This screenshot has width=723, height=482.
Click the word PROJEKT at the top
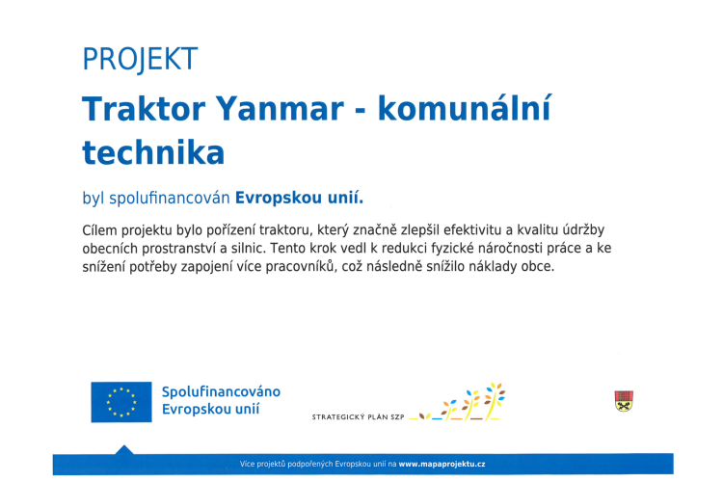(140, 60)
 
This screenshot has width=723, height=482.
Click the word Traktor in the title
(144, 109)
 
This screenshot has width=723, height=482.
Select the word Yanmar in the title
(280, 110)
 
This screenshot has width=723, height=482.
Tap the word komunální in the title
(465, 108)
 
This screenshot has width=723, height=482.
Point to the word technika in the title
(153, 152)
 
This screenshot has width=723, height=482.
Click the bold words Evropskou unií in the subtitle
(299, 198)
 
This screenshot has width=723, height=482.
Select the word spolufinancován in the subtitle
(170, 199)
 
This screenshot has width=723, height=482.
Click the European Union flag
(121, 402)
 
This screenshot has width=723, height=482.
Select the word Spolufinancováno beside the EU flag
(221, 392)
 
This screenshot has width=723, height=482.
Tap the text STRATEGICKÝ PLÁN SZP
(358, 417)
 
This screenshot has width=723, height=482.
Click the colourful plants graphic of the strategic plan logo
(457, 402)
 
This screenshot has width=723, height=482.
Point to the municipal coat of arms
(624, 401)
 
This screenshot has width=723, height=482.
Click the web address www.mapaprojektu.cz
(442, 464)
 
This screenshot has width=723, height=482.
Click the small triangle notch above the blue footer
(123, 449)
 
